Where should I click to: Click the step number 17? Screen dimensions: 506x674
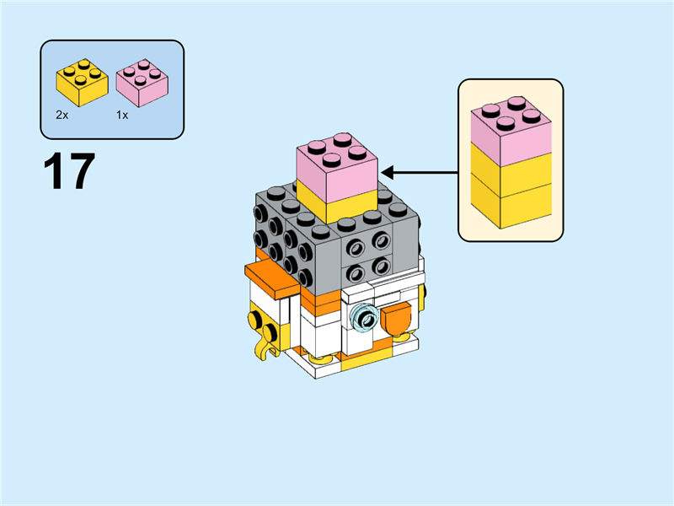(x=68, y=171)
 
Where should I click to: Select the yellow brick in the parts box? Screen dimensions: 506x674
(x=82, y=82)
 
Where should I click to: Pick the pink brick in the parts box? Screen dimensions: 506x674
(x=141, y=82)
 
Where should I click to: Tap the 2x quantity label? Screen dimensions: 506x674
(x=62, y=115)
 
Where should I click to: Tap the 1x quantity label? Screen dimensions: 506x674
(x=122, y=115)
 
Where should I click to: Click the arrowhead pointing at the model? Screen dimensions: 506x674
(x=388, y=173)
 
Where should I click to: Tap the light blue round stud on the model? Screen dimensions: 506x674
(x=364, y=317)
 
